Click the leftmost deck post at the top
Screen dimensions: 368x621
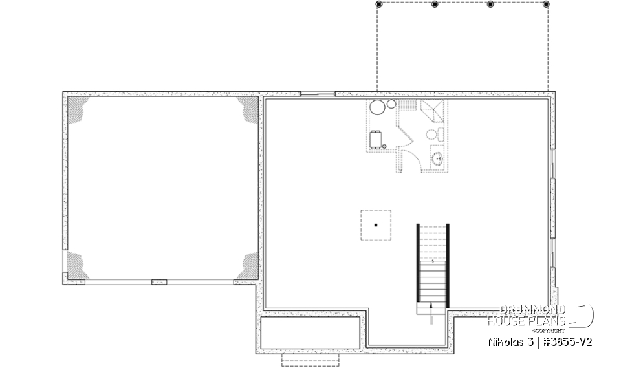(x=378, y=4)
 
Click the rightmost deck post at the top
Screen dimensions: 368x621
(x=547, y=4)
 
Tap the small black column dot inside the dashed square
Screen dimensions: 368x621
(x=376, y=225)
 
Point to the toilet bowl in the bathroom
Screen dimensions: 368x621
(x=432, y=135)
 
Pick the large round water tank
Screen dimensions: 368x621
(x=378, y=109)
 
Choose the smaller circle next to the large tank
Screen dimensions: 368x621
(x=391, y=105)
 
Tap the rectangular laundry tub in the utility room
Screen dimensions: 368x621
(x=376, y=139)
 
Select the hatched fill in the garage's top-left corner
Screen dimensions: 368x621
(x=78, y=107)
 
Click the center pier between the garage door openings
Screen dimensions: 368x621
(x=159, y=281)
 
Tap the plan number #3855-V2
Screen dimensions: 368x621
(x=567, y=341)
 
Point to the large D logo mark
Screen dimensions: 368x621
(x=583, y=316)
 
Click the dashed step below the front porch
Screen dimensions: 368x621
(x=301, y=360)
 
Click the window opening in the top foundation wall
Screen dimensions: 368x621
(x=318, y=94)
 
